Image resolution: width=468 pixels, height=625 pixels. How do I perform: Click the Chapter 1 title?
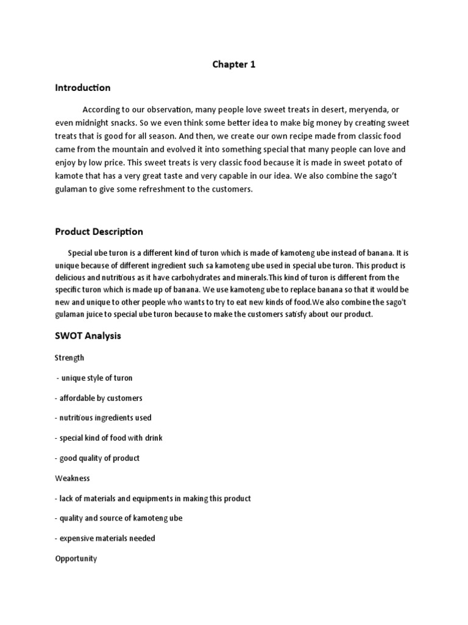pos(234,65)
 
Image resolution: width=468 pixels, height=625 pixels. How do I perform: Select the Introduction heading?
pos(83,88)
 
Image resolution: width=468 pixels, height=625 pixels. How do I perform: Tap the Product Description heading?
pos(99,231)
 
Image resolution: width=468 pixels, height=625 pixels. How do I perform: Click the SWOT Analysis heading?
pos(88,336)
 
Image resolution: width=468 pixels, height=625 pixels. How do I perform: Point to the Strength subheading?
pos(69,358)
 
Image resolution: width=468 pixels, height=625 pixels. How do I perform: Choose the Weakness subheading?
pos(73,479)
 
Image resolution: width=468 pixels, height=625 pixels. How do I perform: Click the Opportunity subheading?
pos(76,558)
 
